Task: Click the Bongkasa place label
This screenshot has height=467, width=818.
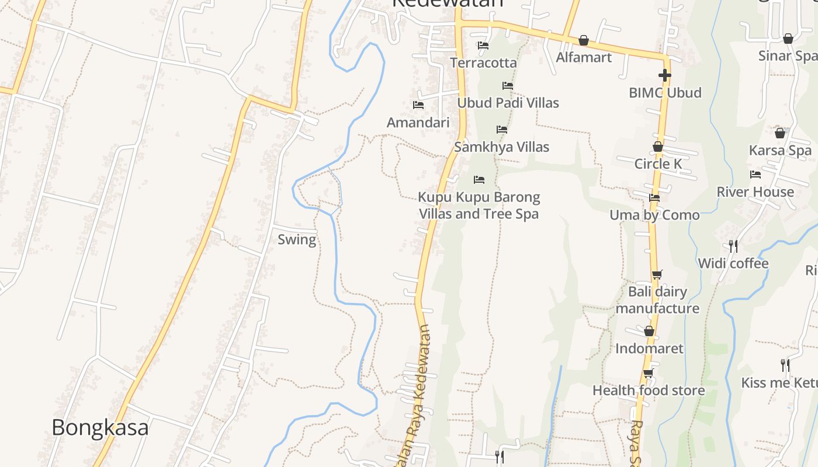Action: pos(100,428)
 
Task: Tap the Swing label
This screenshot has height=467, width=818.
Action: pos(297,239)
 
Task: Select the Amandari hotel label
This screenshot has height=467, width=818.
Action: pos(418,123)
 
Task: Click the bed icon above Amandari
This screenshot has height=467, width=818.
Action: pos(418,105)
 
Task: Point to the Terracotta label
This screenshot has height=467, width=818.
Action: pos(483,62)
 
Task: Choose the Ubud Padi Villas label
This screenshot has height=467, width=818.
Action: pos(508,103)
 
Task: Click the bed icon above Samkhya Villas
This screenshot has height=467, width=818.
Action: pos(502,130)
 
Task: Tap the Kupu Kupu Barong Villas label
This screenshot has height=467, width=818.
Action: pos(479,205)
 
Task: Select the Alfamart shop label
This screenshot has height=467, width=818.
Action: pos(584,57)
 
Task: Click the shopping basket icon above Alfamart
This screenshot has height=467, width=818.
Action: pos(584,40)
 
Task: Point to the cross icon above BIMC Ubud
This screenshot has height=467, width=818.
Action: pos(664,75)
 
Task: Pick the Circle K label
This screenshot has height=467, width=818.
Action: pos(658,164)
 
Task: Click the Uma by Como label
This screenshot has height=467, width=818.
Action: pos(654,215)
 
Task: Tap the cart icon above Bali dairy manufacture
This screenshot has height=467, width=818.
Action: pos(657,274)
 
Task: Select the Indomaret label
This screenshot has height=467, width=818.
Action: pos(649,348)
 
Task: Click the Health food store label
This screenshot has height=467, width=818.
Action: pos(649,391)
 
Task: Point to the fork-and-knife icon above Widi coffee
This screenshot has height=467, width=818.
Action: pos(733,246)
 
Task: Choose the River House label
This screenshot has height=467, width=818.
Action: pos(755,192)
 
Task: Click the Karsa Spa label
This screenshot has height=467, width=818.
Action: pos(780,151)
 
